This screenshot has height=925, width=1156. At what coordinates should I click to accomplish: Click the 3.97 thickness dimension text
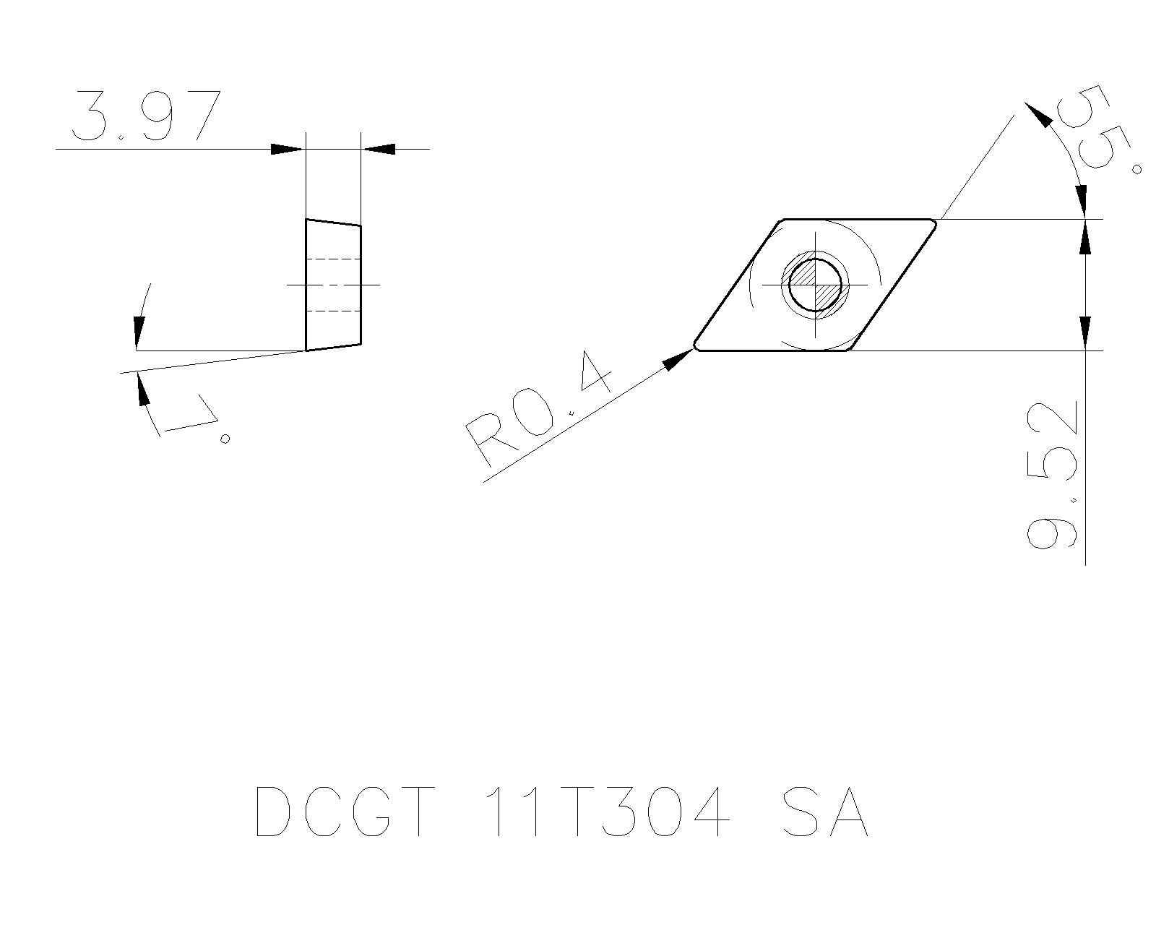[145, 116]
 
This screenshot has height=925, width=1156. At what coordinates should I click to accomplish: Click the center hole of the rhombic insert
[816, 285]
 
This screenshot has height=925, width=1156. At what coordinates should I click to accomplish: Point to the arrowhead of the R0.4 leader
[679, 358]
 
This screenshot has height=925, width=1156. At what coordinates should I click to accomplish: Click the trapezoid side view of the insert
[333, 285]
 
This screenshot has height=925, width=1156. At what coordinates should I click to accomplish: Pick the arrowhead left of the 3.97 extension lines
[286, 149]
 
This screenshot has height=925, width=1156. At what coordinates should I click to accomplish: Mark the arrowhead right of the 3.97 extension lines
[379, 149]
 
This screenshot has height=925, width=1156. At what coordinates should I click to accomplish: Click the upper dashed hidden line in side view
[333, 259]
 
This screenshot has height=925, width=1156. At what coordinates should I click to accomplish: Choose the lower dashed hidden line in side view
[333, 311]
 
